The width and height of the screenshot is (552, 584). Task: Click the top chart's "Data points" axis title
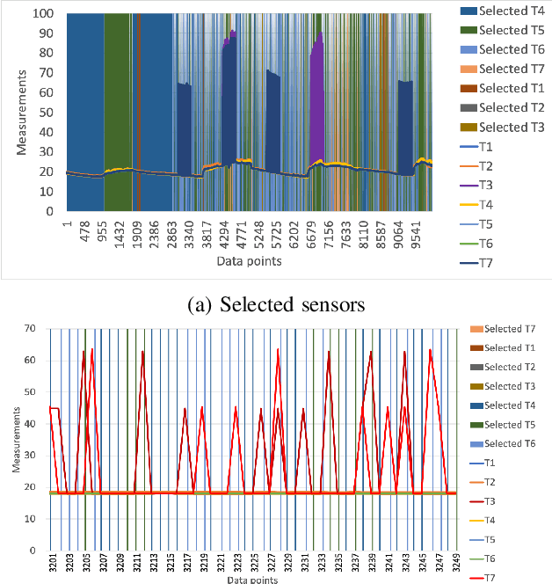point(250,262)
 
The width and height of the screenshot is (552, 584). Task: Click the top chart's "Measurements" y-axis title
point(23,112)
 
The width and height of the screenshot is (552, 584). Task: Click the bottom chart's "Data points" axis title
point(253,579)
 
